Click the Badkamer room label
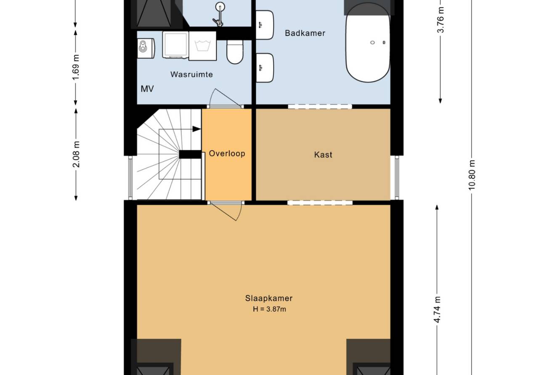(x=305, y=33)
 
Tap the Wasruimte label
(x=192, y=74)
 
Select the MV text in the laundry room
(x=147, y=89)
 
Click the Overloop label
(x=227, y=153)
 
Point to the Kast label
(x=323, y=155)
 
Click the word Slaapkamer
(x=269, y=298)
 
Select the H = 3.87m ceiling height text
(x=269, y=309)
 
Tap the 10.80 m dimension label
(x=472, y=174)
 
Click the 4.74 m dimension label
(x=437, y=310)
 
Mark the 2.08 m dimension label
(x=76, y=154)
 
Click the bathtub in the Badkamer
(x=368, y=43)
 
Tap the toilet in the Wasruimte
(x=235, y=52)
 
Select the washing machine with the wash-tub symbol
(x=203, y=46)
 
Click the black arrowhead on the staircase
(x=196, y=129)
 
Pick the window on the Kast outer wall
(x=397, y=178)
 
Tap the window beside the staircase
(x=130, y=178)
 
